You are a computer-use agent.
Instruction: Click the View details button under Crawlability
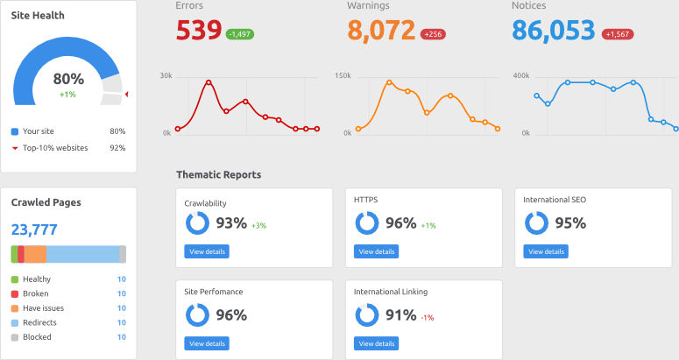pos(207,251)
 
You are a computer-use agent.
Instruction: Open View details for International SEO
pos(546,251)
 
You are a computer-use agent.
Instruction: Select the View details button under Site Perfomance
pos(207,343)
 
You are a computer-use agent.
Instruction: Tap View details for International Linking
pos(376,343)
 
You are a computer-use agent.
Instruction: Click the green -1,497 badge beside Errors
pos(240,34)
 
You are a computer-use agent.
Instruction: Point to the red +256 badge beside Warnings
pos(432,34)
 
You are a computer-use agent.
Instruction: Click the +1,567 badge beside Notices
pos(618,34)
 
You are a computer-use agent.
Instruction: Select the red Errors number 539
pos(199,31)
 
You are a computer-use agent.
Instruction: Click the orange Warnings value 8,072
pos(381,31)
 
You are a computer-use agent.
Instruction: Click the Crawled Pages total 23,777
pos(34,230)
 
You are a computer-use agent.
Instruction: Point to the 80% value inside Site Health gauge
pos(69,79)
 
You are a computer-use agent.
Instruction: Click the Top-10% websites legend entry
pos(54,148)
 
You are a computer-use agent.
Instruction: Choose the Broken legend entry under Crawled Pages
pos(36,293)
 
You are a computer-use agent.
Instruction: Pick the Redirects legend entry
pos(39,322)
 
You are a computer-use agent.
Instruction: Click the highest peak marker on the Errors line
pos(209,82)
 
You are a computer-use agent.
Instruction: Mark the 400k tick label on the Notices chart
pos(521,76)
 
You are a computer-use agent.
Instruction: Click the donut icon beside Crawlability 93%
pos(197,223)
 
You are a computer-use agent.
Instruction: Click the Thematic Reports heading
pos(218,174)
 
